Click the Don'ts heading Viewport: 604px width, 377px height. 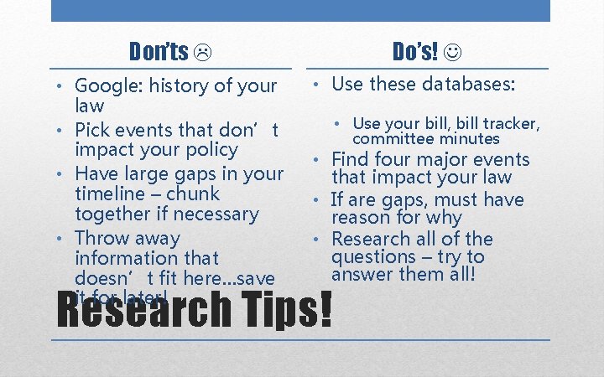(x=159, y=52)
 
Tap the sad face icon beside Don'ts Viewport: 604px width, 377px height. (x=203, y=54)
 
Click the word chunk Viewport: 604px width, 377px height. (x=193, y=194)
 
